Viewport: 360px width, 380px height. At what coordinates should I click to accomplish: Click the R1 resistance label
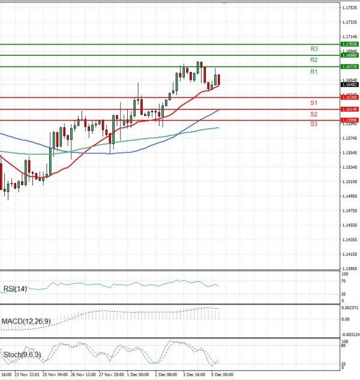click(x=313, y=72)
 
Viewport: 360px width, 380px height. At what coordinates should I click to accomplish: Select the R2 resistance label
click(x=313, y=60)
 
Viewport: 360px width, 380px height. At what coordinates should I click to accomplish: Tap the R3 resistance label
click(x=313, y=49)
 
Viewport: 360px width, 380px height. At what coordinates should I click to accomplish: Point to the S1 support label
click(x=313, y=103)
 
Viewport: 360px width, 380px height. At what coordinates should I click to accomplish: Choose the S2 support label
click(x=313, y=114)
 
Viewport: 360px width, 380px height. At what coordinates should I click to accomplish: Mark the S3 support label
click(x=313, y=124)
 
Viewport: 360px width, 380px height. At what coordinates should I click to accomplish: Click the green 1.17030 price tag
click(x=349, y=44)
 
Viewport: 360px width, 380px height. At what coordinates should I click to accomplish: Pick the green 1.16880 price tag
click(x=349, y=55)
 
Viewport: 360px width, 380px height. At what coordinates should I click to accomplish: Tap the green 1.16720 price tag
click(x=349, y=67)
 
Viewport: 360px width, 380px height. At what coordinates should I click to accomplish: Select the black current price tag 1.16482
click(x=349, y=85)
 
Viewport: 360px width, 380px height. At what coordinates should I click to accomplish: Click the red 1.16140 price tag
click(x=349, y=109)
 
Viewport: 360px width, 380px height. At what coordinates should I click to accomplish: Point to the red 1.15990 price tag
click(x=349, y=120)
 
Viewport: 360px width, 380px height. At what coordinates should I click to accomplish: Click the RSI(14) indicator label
click(x=14, y=289)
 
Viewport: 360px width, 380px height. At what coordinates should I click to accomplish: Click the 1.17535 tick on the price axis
click(x=349, y=8)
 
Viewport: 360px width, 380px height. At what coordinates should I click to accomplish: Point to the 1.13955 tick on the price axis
click(x=349, y=269)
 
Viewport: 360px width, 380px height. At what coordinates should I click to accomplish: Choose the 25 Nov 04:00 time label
click(x=55, y=374)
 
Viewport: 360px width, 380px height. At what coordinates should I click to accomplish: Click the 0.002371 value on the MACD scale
click(x=349, y=308)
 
